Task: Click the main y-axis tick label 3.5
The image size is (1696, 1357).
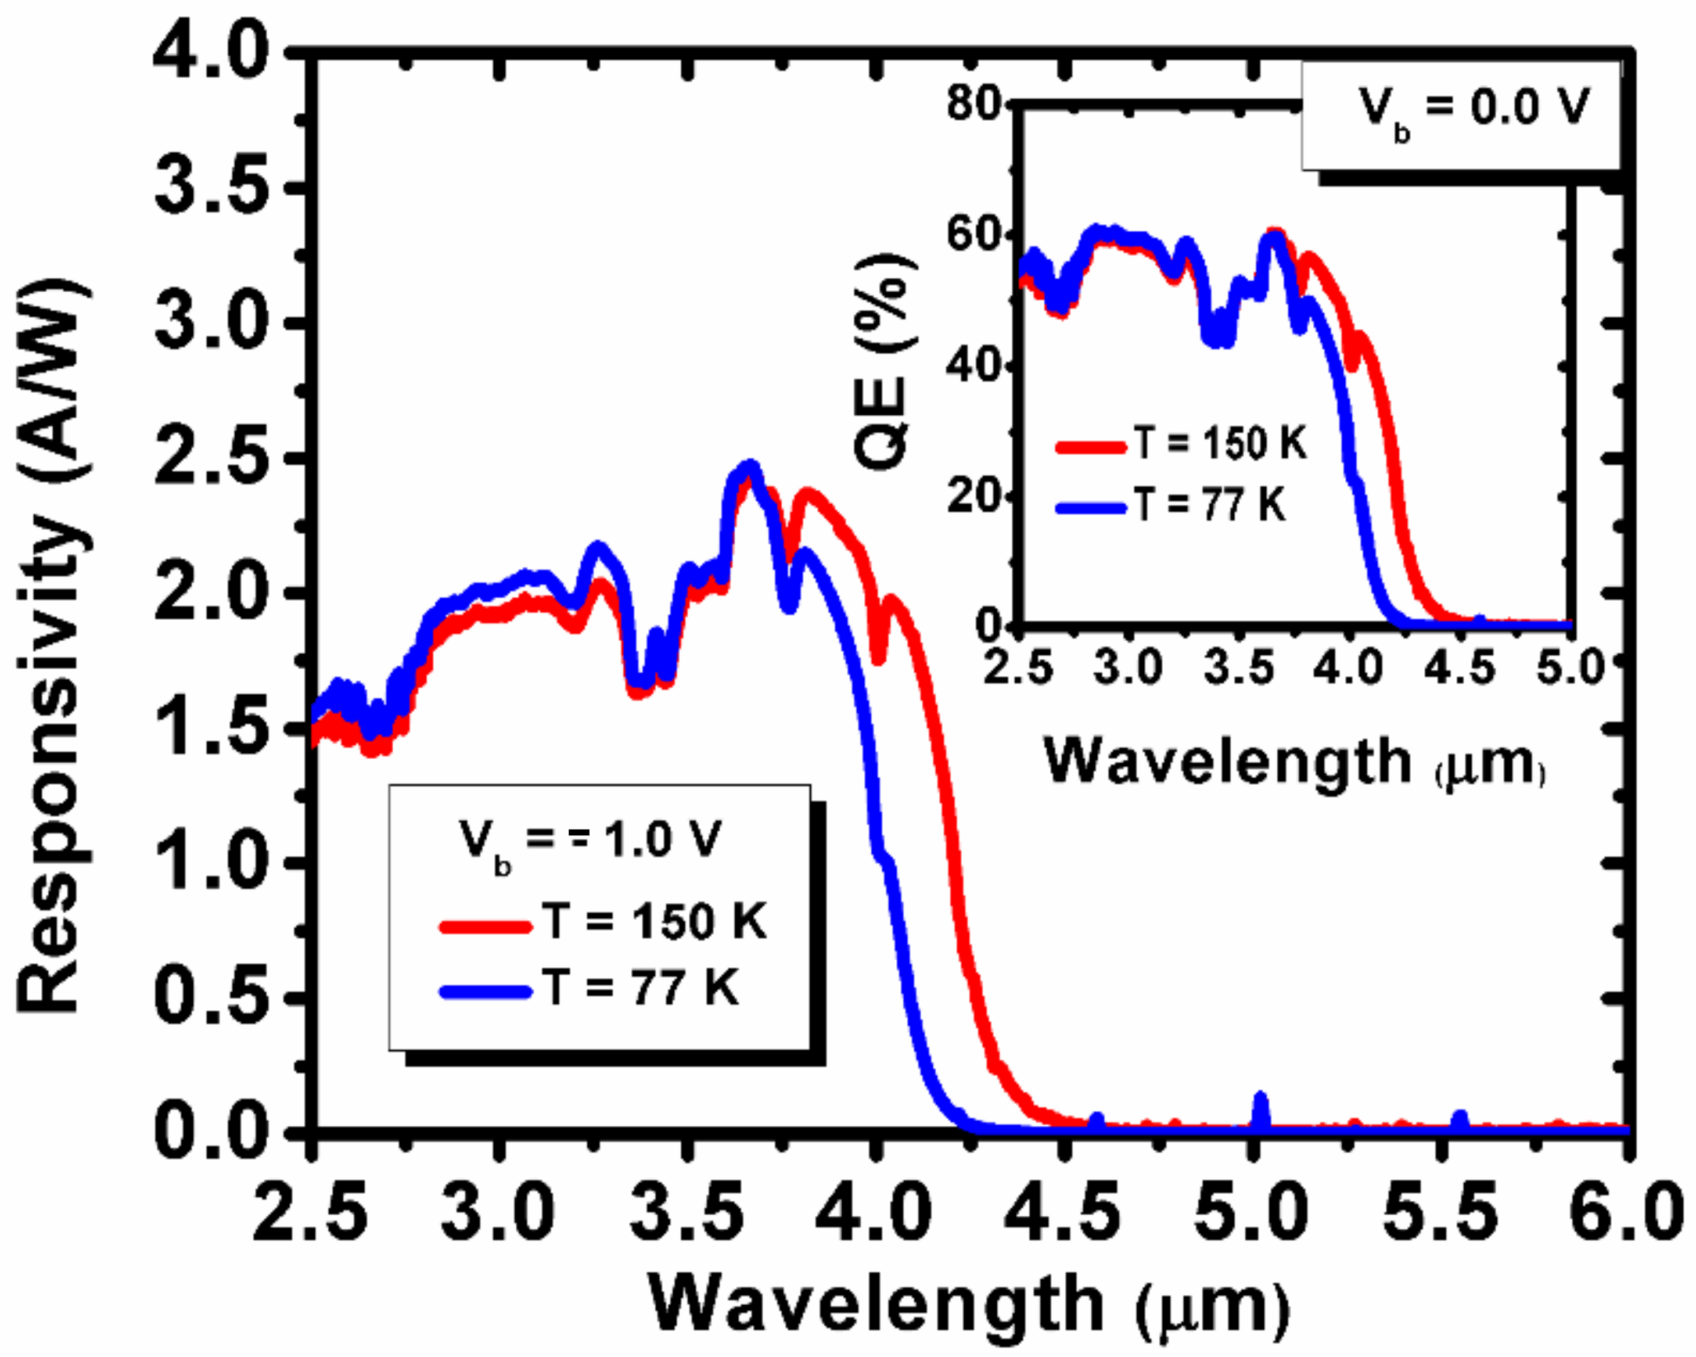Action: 208,189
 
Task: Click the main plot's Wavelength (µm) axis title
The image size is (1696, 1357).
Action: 968,1306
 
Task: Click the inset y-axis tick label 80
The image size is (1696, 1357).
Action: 974,104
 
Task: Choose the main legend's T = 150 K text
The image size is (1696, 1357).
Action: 653,921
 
